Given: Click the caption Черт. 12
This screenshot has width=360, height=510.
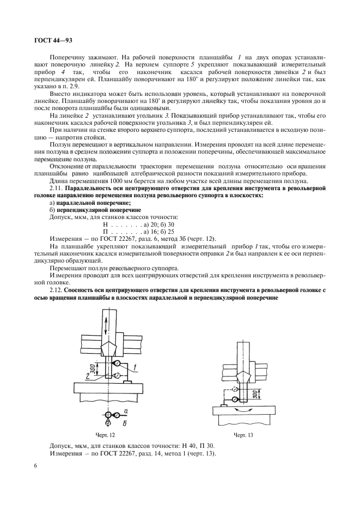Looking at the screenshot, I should click(104, 435).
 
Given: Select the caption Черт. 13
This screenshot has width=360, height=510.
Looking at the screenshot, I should click(244, 435).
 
